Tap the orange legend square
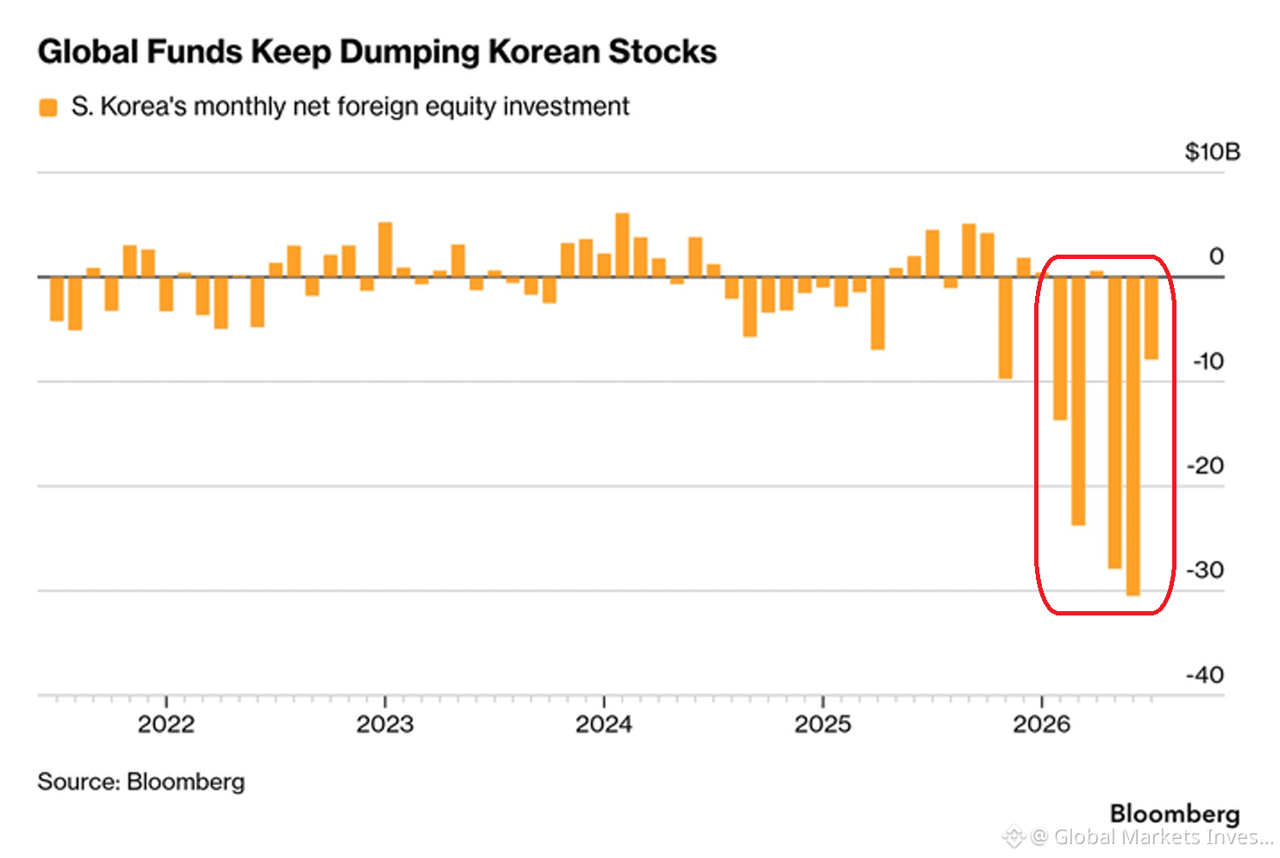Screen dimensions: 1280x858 coord(48,107)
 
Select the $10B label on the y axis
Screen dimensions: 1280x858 coord(1213,152)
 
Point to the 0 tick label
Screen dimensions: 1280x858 coord(1216,256)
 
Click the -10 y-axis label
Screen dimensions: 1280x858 coord(1208,361)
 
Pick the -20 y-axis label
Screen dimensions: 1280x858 coord(1206,465)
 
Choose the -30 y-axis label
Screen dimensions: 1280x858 coord(1206,570)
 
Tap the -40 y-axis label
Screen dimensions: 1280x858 coord(1206,675)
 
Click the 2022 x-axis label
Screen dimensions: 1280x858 coord(166,725)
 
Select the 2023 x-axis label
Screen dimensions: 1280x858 coord(386,725)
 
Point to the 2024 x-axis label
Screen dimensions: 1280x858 coord(604,725)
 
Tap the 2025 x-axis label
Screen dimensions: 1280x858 coord(823,725)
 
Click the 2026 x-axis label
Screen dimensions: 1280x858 coord(1042,725)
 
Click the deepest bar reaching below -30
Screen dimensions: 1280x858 coord(1133,437)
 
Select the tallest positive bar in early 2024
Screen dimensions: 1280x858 coord(622,245)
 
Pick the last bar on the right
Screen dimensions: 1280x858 coord(1151,319)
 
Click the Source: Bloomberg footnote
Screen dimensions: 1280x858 coord(141,782)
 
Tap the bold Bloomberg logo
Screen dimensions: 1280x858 coord(1175,814)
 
